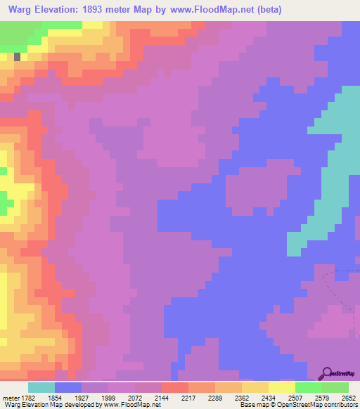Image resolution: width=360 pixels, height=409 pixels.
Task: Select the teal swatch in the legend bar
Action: click(x=41, y=387)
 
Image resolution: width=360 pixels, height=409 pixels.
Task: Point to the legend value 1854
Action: click(x=55, y=398)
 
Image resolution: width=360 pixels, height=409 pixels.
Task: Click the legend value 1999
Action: click(x=108, y=398)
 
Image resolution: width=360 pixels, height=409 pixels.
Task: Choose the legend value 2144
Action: click(x=162, y=398)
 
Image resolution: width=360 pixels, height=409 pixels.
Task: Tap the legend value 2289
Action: click(x=215, y=398)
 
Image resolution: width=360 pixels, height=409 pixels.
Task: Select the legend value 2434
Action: click(x=269, y=398)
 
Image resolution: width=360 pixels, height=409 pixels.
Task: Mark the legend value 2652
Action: click(x=349, y=398)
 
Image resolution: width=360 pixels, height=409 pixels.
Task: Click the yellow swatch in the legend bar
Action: click(x=281, y=387)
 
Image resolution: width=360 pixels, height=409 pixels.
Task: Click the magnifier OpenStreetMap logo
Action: click(x=328, y=372)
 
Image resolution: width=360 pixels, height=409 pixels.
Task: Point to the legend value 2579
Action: click(x=322, y=398)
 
